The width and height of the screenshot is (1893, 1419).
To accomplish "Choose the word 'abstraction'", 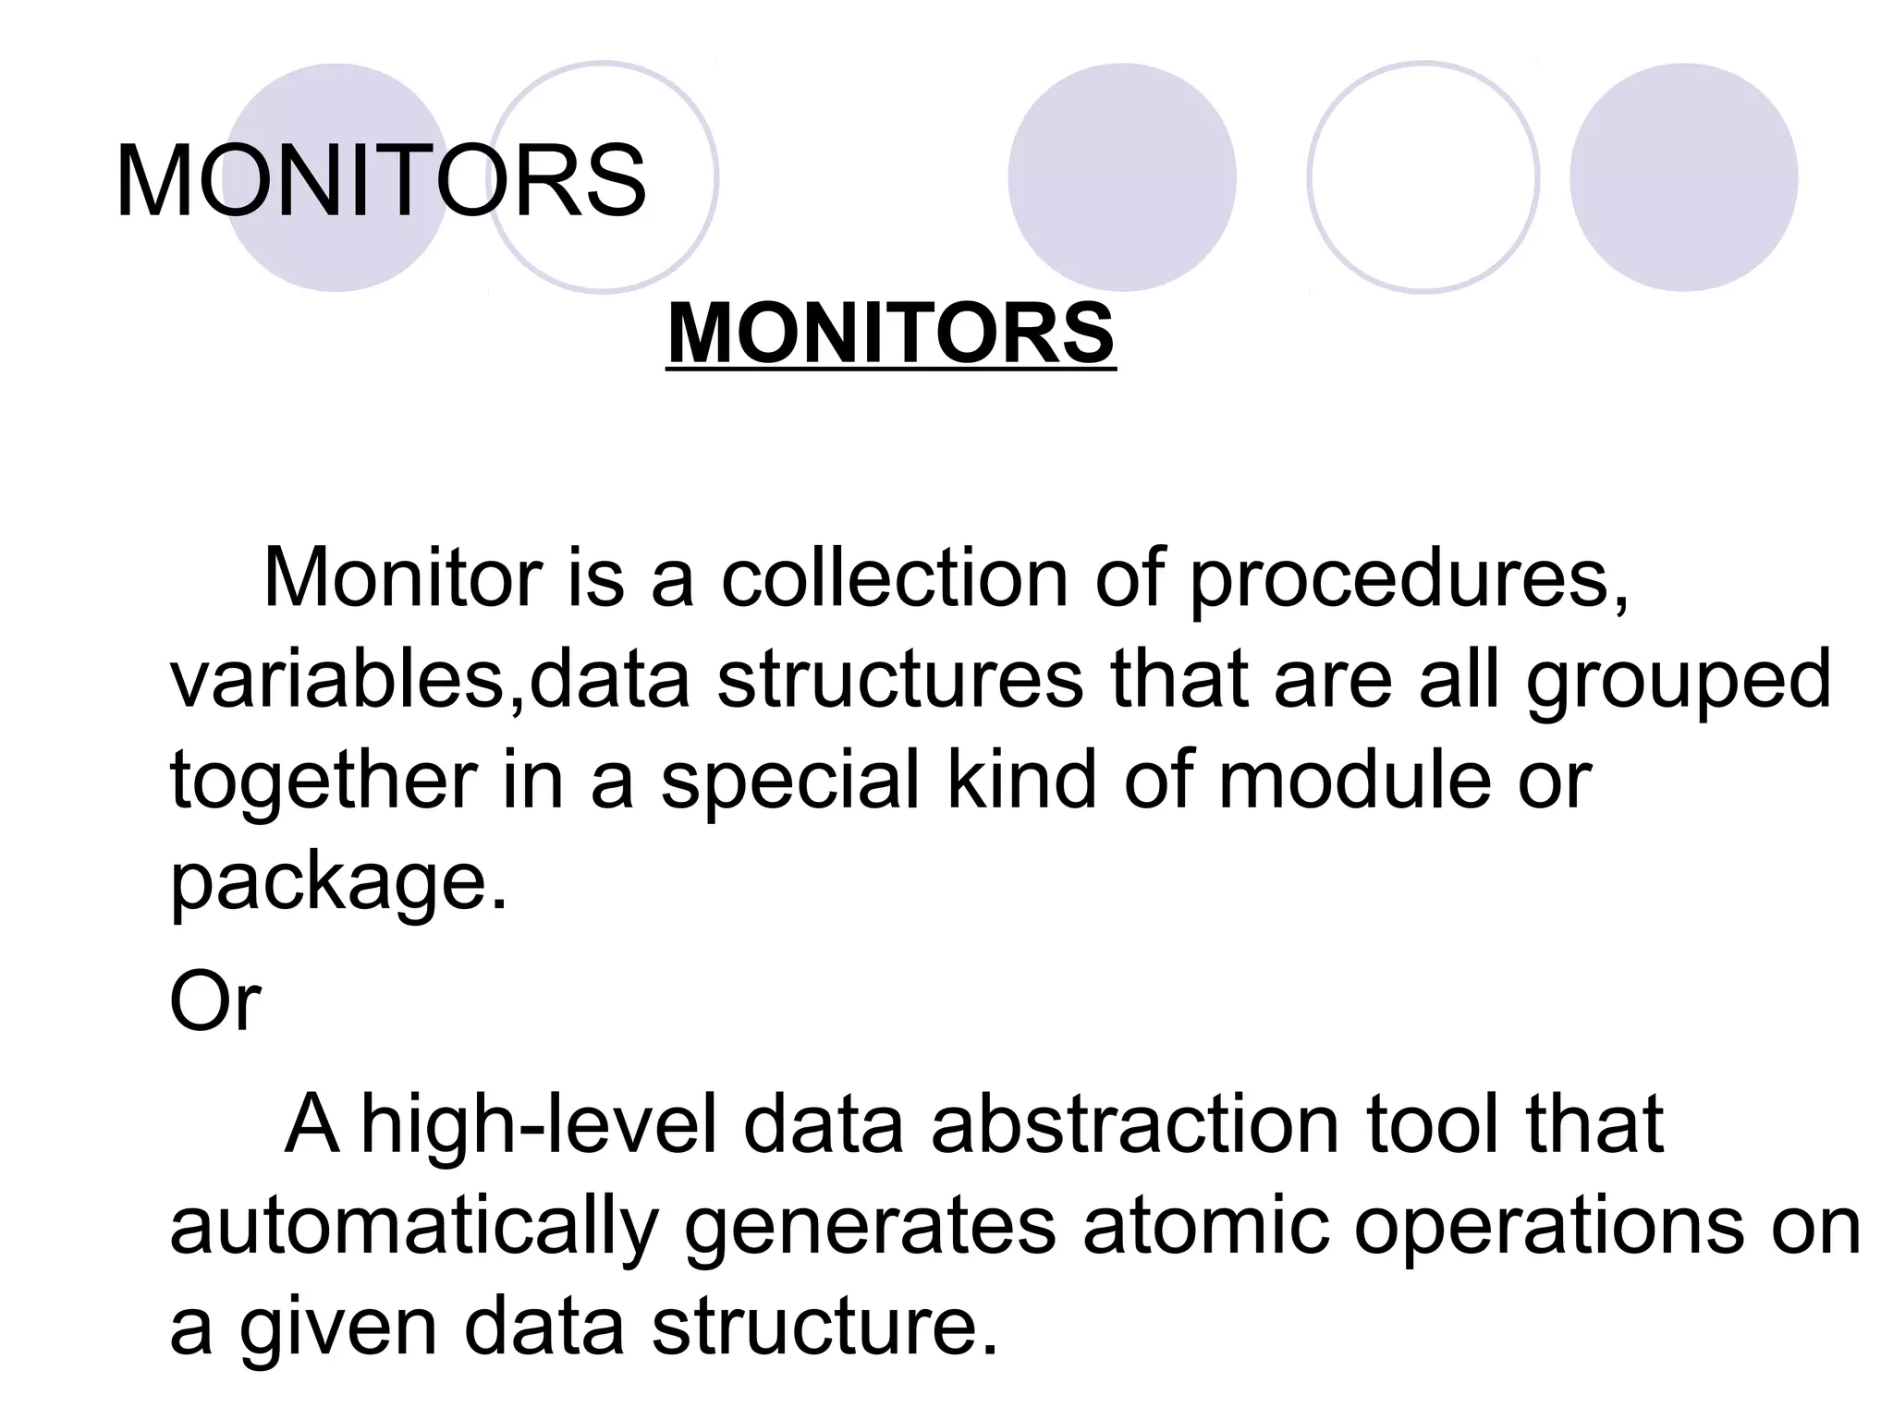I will (1135, 1124).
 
